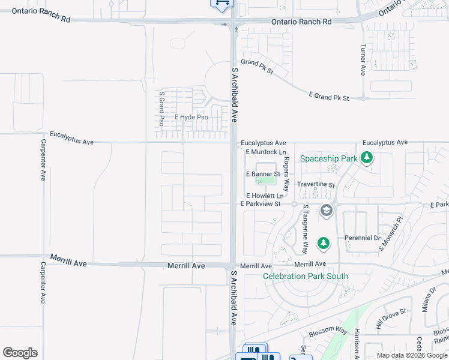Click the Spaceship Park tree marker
(x=367, y=158)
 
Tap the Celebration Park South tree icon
(x=324, y=243)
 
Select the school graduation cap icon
(x=326, y=210)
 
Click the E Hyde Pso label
(x=191, y=117)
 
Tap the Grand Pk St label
(x=257, y=67)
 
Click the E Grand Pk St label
(x=329, y=96)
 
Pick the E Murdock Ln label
(x=265, y=152)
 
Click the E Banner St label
(x=264, y=174)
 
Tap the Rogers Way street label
(x=287, y=174)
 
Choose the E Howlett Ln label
(x=264, y=196)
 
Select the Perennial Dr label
(x=363, y=238)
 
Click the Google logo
(x=20, y=353)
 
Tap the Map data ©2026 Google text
(x=411, y=355)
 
